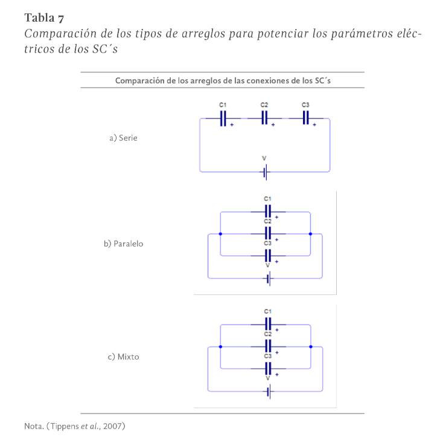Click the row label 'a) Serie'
pos(123,138)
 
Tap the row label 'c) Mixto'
pos(123,357)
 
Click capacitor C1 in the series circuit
pos(223,118)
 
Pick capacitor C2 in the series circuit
pos(264,118)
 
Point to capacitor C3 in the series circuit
pos(306,118)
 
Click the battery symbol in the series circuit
pos(264,172)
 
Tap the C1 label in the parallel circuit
pos(268,198)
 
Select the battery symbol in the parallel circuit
pos(269,279)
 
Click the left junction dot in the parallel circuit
pos(220,233)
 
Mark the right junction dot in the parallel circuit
pos(310,233)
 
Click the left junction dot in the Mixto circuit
pos(220,347)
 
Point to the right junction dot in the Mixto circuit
pos(310,347)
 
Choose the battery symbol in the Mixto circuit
pos(269,392)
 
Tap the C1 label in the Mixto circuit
pos(268,311)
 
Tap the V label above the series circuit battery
pos(264,158)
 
